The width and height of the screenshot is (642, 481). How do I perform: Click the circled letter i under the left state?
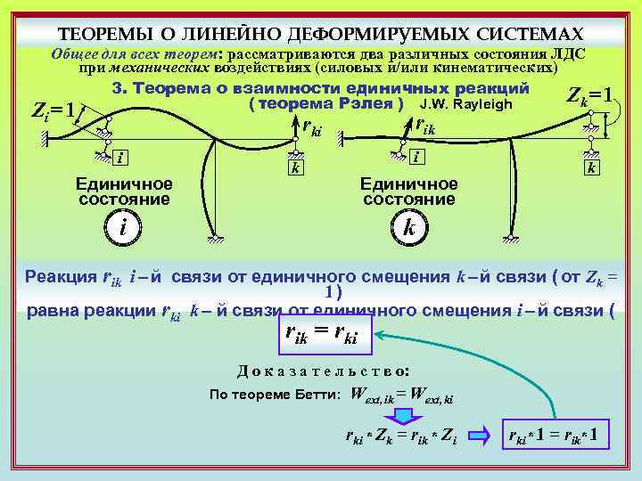[x=121, y=227]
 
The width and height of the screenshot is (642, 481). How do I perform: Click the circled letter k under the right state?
[x=407, y=227]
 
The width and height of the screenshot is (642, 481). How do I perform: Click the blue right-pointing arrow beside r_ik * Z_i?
[x=480, y=436]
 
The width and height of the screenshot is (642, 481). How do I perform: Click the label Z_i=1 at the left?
[x=53, y=110]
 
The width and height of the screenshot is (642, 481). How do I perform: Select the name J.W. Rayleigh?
[x=471, y=105]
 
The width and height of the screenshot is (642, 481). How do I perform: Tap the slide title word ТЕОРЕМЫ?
[x=97, y=34]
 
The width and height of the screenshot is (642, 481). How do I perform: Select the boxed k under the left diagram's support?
[x=293, y=167]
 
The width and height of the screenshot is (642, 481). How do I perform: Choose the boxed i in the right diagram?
[x=416, y=156]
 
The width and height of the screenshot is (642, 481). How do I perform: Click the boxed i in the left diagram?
[x=119, y=158]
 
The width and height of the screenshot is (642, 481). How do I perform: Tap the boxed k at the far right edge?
[x=590, y=167]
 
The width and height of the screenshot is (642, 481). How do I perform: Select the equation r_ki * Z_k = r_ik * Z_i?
[x=400, y=436]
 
